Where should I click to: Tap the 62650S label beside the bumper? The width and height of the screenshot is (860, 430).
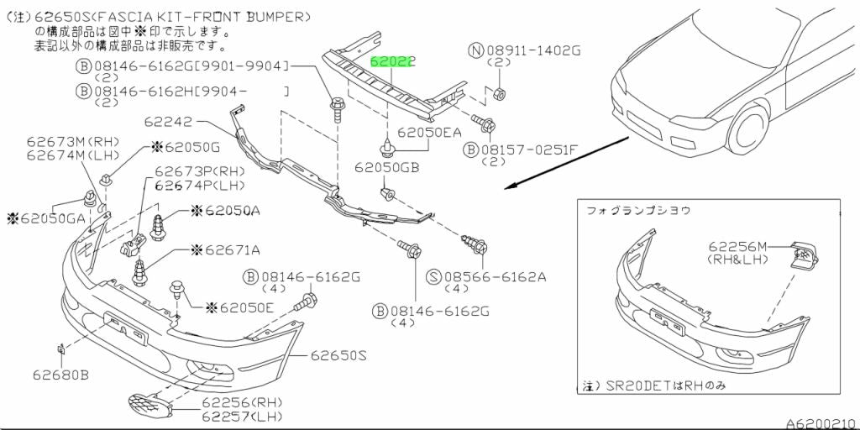coord(334,356)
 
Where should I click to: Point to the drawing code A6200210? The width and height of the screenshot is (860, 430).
coord(820,422)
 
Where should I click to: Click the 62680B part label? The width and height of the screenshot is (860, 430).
coord(60,374)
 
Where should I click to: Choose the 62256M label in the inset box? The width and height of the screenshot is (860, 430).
coord(737,246)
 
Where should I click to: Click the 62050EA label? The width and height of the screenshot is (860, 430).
coord(429,132)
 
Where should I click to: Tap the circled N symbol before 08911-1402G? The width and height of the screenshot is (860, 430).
coord(475,51)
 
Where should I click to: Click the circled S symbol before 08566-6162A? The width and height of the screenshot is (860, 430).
coord(434,276)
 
